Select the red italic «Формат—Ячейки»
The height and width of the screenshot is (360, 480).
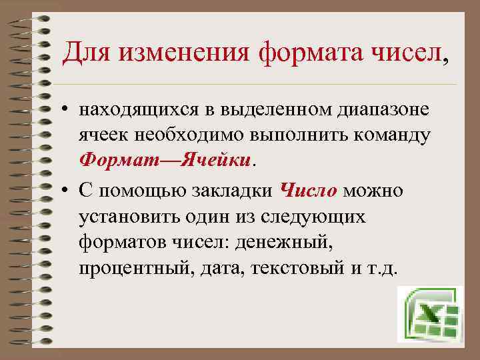(165, 161)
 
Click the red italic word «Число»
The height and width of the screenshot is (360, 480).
(310, 192)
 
